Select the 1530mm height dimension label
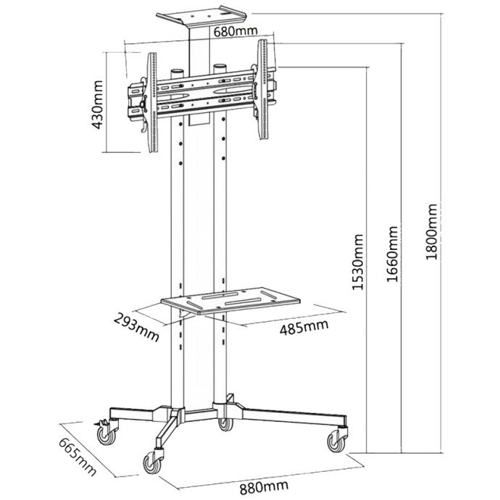point(357,262)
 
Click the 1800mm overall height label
point(433,231)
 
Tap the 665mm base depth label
point(77,457)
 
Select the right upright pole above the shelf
point(220,210)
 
